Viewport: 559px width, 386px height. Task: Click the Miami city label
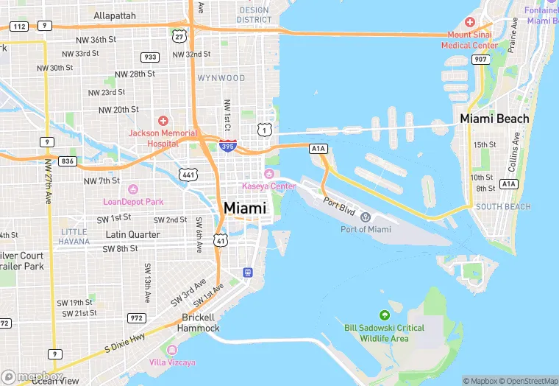pyautogui.click(x=244, y=208)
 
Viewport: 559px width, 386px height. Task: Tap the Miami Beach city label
pyautogui.click(x=494, y=119)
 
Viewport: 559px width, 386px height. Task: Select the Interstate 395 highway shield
pyautogui.click(x=227, y=146)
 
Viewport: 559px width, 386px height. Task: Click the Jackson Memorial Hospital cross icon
pyautogui.click(x=163, y=120)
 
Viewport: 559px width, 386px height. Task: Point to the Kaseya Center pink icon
pyautogui.click(x=269, y=174)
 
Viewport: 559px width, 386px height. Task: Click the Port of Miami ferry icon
pyautogui.click(x=366, y=216)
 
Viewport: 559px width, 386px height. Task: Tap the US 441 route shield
pyautogui.click(x=188, y=174)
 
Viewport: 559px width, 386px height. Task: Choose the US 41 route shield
pyautogui.click(x=220, y=239)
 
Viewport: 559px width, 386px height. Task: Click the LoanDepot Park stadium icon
pyautogui.click(x=132, y=189)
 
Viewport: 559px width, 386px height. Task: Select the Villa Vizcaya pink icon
pyautogui.click(x=172, y=349)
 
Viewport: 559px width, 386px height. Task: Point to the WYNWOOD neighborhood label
pyautogui.click(x=221, y=77)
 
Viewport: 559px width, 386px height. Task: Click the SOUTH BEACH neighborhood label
pyautogui.click(x=503, y=207)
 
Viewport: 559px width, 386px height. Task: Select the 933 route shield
pyautogui.click(x=150, y=57)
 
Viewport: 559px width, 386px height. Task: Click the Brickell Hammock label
pyautogui.click(x=199, y=322)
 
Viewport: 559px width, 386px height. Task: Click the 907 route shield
pyautogui.click(x=482, y=59)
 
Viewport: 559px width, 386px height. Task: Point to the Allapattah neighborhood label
pyautogui.click(x=115, y=15)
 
